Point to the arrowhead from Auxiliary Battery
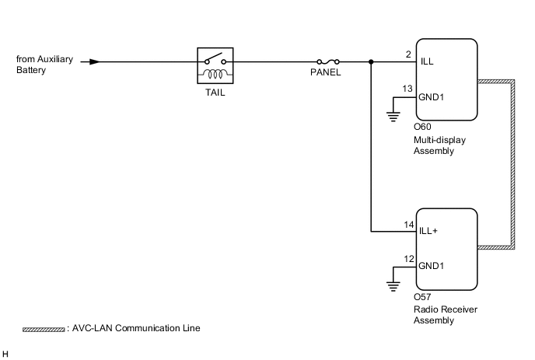point(95,61)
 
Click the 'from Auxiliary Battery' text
point(42,65)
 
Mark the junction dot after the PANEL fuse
point(372,61)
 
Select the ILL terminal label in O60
point(427,61)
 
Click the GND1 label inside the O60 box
point(432,99)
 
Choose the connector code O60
point(422,128)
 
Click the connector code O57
point(422,297)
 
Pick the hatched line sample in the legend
point(44,330)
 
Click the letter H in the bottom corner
point(6,354)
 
